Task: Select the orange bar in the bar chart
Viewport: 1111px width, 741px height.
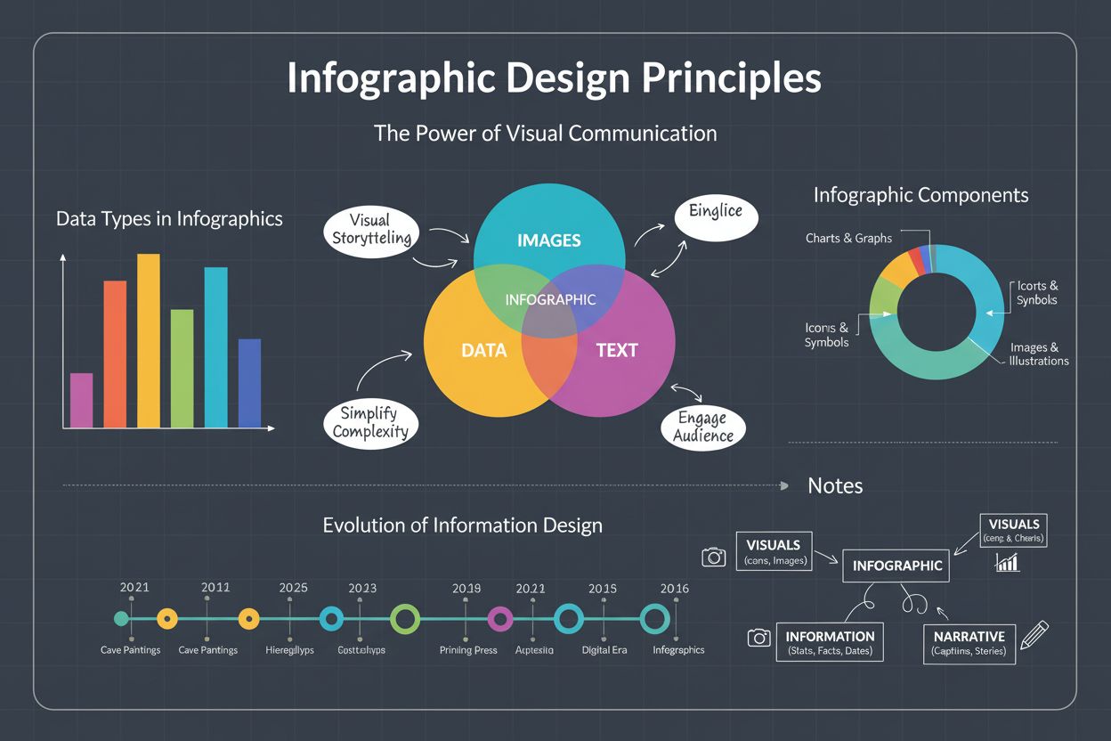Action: (116, 354)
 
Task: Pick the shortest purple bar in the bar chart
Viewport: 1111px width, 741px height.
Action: (81, 400)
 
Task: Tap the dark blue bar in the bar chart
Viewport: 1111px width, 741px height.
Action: (249, 383)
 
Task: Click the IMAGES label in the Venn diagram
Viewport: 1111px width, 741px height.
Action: (548, 240)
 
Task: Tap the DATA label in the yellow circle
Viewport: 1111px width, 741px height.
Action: (483, 350)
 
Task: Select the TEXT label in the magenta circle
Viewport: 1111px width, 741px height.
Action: (616, 350)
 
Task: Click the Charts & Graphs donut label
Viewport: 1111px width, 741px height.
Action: (848, 238)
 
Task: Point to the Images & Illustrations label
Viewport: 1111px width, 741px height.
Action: (1038, 354)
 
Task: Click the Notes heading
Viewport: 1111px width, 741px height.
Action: (834, 485)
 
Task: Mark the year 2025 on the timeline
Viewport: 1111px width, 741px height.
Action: (293, 588)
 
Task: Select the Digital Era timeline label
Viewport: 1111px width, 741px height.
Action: (604, 650)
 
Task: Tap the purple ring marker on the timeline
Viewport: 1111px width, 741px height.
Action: (500, 618)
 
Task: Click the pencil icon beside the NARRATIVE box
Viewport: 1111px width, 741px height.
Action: (1034, 635)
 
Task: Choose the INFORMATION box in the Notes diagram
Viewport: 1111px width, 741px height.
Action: (830, 643)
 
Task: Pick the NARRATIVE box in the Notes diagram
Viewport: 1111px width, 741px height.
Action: (969, 643)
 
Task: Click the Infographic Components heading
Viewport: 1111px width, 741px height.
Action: (920, 195)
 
